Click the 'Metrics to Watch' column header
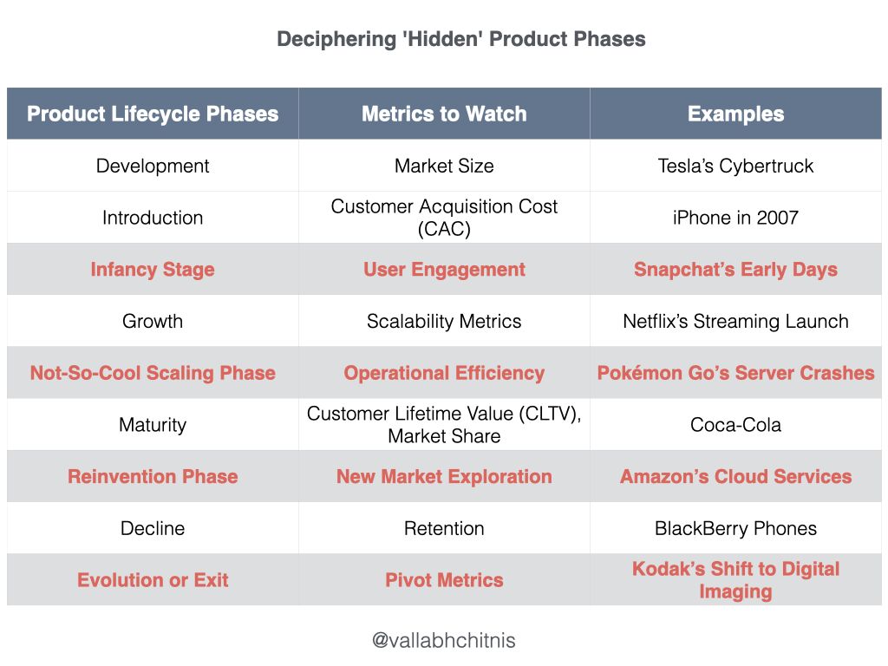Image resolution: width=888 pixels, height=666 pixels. point(444,114)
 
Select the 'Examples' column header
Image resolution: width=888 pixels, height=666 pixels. point(735,114)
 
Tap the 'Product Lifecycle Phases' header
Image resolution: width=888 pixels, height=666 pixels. point(153,114)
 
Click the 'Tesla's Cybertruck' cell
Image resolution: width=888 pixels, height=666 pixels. point(735,166)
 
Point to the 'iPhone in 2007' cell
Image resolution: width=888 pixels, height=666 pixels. point(735,218)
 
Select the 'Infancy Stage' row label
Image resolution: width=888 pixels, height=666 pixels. point(153,270)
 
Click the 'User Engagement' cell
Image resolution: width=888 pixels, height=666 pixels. point(444,270)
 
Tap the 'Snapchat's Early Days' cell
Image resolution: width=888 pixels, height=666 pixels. point(735,270)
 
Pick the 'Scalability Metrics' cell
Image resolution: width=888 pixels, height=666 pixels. point(444,321)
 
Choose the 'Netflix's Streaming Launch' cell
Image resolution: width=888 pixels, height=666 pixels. point(735,321)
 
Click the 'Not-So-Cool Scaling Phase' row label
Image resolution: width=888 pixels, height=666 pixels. point(153,373)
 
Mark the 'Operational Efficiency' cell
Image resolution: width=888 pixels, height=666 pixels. point(444,373)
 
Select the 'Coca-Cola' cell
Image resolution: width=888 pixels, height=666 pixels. point(735,425)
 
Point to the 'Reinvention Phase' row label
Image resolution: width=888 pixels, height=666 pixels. point(153,476)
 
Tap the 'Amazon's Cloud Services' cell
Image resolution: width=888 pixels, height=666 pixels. point(735,476)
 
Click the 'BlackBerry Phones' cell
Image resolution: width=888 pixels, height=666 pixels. point(735,528)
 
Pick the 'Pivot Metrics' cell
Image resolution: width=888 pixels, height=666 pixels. point(444,580)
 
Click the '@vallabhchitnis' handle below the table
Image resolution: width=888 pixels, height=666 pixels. point(444,641)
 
